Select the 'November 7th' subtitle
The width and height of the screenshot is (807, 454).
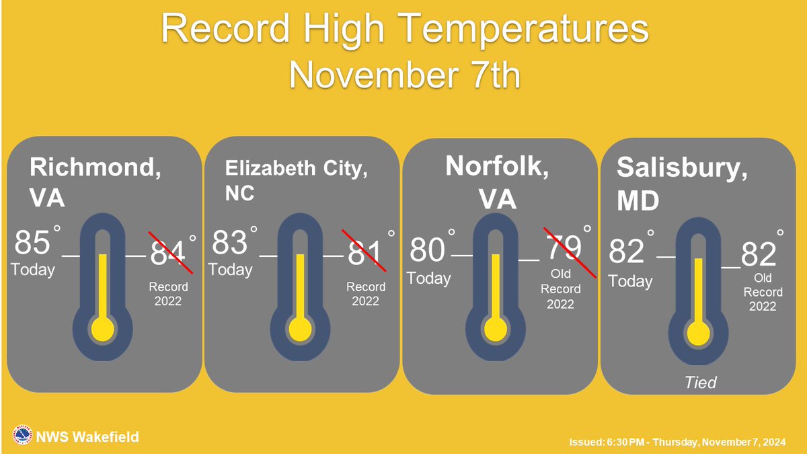click(x=405, y=75)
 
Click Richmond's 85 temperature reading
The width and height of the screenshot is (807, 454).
click(x=33, y=243)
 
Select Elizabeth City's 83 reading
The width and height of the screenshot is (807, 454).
click(x=230, y=243)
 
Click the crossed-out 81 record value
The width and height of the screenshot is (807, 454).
click(x=364, y=252)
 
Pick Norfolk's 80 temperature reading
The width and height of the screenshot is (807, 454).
click(x=427, y=251)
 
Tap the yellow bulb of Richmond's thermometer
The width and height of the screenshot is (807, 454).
click(x=103, y=330)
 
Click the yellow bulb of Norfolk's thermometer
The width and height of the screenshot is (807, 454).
click(x=496, y=329)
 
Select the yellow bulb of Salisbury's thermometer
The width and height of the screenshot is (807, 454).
click(x=699, y=334)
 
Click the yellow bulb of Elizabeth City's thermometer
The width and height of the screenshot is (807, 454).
click(x=300, y=330)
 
